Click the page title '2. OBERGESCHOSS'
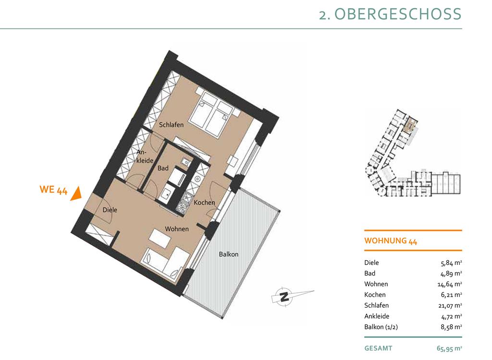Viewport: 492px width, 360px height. point(390,14)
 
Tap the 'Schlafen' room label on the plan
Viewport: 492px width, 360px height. point(171,125)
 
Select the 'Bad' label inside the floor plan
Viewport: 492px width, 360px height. point(163,168)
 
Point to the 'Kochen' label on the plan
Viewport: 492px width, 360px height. point(204,203)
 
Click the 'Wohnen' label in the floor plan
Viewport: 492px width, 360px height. point(177,229)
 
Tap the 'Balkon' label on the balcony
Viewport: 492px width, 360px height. point(228,254)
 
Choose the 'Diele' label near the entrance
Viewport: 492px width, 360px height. point(110,210)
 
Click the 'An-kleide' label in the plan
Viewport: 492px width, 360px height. point(145,156)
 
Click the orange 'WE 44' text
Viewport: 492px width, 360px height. point(53,190)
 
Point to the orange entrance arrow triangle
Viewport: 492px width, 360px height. point(76,194)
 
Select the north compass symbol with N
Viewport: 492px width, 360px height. point(284,296)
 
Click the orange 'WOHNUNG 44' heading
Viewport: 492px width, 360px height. point(390,241)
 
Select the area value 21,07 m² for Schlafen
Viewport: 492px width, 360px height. point(451,305)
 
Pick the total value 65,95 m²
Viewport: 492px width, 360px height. point(449,348)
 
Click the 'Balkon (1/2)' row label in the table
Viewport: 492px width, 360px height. point(381,327)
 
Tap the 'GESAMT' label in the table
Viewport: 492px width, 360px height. point(378,348)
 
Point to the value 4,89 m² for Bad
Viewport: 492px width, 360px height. point(451,274)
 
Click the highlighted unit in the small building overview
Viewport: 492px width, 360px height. point(410,125)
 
